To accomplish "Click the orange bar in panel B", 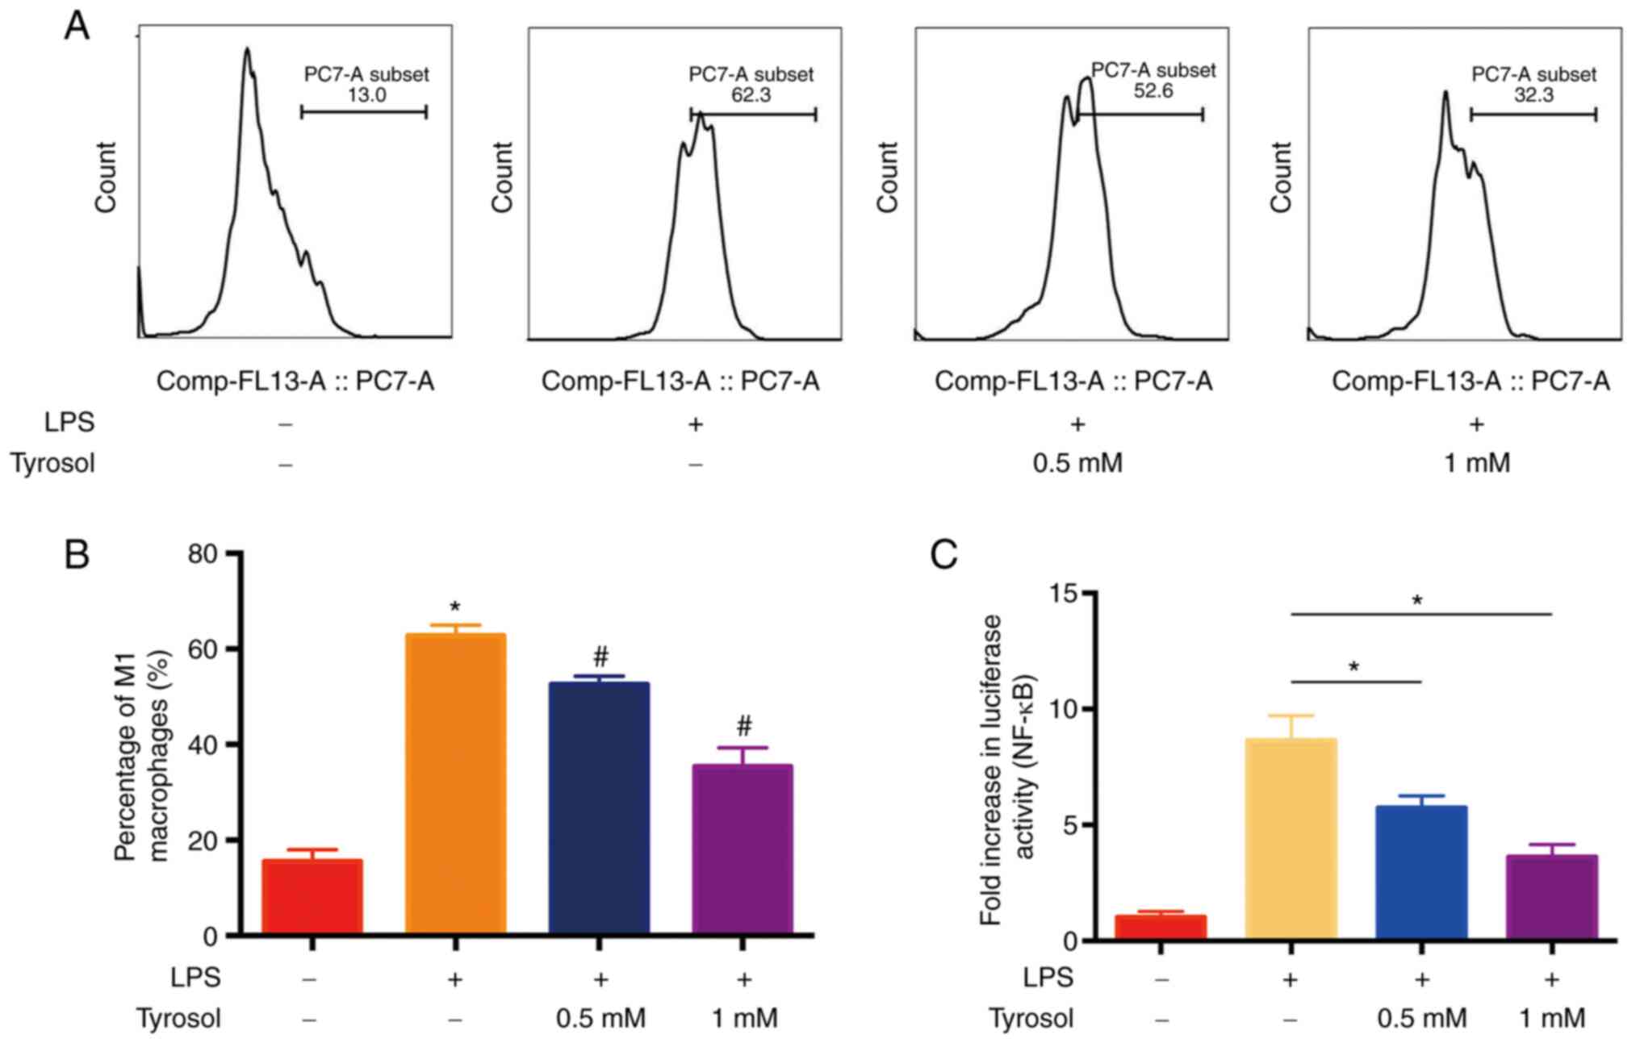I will tap(455, 783).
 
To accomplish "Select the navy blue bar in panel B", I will tap(599, 807).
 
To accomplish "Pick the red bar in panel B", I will tap(312, 896).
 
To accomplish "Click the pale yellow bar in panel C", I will tap(1291, 838).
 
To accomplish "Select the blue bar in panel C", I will tap(1421, 872).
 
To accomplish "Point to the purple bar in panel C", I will tap(1552, 896).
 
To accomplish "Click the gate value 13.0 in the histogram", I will tap(366, 95).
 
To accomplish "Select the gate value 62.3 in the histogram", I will tap(751, 95).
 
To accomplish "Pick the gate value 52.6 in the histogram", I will tap(1153, 91).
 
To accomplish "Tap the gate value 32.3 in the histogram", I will tap(1533, 95).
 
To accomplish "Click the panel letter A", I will tap(77, 27).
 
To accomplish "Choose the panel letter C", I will tap(943, 555).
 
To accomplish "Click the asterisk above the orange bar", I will tap(455, 607).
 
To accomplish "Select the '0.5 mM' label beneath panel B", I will tap(600, 1018).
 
